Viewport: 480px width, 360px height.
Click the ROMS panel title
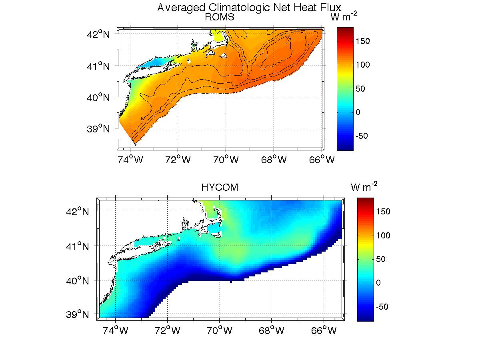tap(219, 17)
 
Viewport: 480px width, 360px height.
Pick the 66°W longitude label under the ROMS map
tap(323, 160)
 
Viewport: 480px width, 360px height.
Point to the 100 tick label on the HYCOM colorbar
tap(383, 235)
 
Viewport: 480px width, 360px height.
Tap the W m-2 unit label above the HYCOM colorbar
tap(364, 187)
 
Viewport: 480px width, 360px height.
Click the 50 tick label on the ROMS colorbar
tap(361, 88)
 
